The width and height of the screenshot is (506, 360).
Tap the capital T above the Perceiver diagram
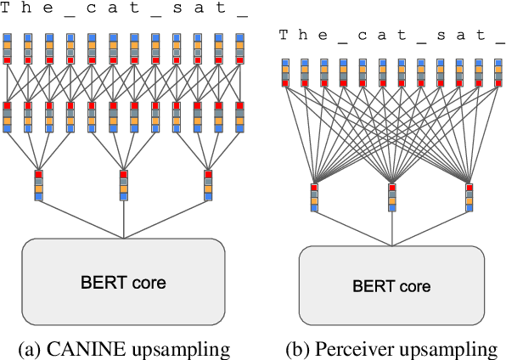pos(284,35)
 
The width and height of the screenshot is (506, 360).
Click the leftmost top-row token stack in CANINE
pos(8,48)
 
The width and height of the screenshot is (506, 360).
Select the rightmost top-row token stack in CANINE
pos(239,48)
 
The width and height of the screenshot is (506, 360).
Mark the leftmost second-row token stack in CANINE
pos(8,116)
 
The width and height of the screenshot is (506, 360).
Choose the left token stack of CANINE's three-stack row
pos(39,185)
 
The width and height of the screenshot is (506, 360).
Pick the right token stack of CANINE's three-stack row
pos(209,185)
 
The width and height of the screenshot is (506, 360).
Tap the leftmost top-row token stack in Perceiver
pos(284,73)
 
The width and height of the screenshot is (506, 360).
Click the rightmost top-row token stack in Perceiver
pos(498,73)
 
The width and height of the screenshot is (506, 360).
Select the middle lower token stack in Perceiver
pos(391,196)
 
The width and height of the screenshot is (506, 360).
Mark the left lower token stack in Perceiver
pos(313,196)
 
